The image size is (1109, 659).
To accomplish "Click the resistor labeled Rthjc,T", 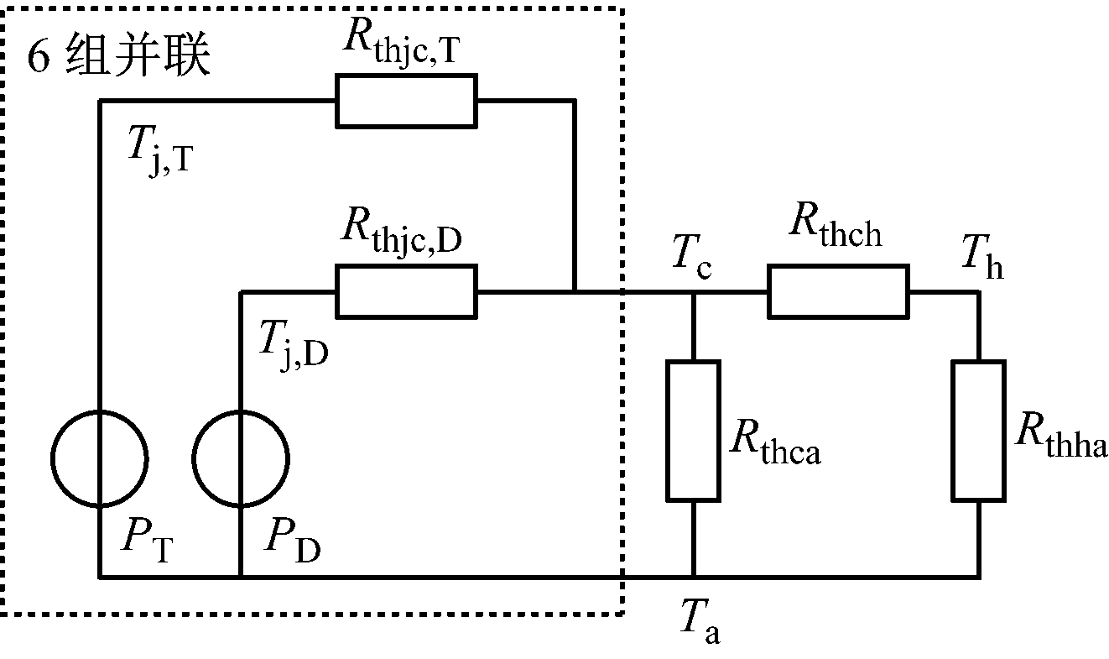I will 406,101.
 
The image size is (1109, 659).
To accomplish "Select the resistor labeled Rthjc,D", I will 406,291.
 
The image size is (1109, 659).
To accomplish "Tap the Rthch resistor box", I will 838,291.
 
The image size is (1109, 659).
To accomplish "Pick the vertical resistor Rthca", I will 693,431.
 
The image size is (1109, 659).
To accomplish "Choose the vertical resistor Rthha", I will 978,431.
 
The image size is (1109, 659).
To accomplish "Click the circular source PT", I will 100,458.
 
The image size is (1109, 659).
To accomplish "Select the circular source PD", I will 241,458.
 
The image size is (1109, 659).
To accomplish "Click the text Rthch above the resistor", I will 836,230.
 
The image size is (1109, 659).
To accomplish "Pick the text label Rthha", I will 1059,436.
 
